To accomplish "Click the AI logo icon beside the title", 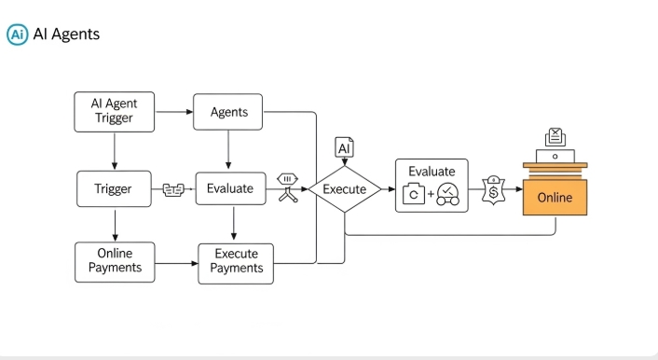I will (17, 35).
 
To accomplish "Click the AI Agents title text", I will (66, 35).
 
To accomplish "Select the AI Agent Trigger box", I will (113, 112).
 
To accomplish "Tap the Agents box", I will (228, 112).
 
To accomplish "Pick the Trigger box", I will (113, 188).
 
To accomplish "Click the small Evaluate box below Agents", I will (229, 188).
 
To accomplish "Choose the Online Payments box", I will (115, 260).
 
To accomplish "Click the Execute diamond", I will (344, 189).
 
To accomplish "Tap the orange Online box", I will (555, 198).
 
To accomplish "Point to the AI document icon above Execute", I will (344, 147).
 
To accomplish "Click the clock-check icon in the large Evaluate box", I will (447, 193).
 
